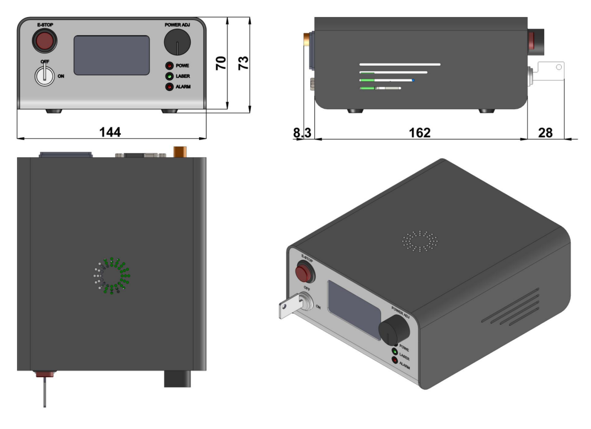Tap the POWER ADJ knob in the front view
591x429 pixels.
click(178, 42)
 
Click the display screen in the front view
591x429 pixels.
click(112, 55)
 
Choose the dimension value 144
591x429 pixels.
click(110, 132)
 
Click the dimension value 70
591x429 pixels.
click(221, 62)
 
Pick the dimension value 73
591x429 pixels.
click(243, 62)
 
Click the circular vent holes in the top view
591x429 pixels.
click(111, 275)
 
